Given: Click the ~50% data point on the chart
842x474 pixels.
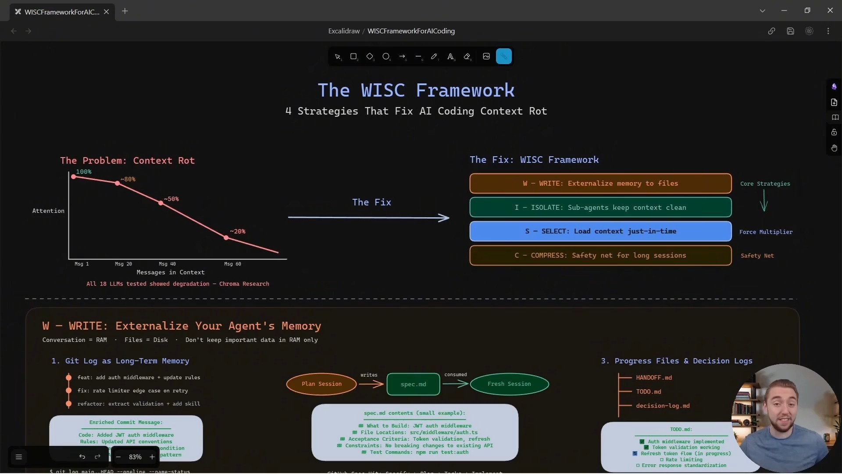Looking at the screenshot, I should [161, 203].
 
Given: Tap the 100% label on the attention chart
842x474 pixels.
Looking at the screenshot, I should [84, 172].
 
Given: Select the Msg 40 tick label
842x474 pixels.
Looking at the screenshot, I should [167, 264].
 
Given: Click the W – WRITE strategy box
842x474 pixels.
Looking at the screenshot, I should [600, 183].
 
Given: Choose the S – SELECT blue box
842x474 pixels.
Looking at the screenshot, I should [600, 231].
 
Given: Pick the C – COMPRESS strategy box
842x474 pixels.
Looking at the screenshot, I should [600, 255].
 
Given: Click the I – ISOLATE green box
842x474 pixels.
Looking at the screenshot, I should [600, 208].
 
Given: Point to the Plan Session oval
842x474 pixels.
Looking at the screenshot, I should [321, 384].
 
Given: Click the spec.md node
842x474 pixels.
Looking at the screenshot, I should [413, 384].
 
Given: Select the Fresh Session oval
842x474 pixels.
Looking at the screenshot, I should [509, 384].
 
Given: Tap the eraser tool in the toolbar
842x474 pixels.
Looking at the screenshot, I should [467, 57].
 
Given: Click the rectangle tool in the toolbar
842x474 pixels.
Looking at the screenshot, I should [353, 57].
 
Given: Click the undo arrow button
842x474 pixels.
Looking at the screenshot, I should [82, 457].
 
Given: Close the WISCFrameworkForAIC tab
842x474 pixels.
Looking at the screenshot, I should [106, 12].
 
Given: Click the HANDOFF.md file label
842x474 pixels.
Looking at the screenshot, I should [654, 377].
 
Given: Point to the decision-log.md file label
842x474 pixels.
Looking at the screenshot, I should [663, 406].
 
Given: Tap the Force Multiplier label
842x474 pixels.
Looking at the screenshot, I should [766, 232].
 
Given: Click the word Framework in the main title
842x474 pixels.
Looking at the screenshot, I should [465, 90].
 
